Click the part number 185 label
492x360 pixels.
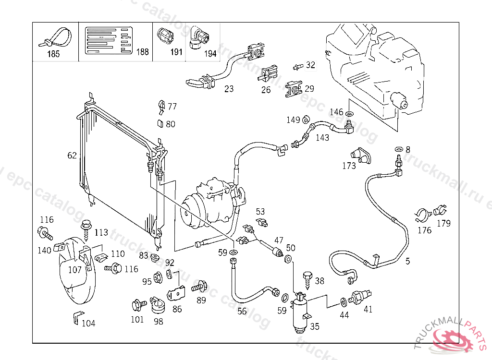coord(53,54)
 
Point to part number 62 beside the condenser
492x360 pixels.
coord(72,156)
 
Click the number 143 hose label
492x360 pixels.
coord(322,138)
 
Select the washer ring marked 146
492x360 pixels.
coord(350,114)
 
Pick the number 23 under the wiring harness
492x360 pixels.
coord(229,89)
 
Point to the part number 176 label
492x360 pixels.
coord(424,230)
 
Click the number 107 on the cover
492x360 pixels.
coord(75,270)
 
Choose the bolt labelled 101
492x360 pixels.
coord(136,304)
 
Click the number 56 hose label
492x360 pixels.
coord(242,311)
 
